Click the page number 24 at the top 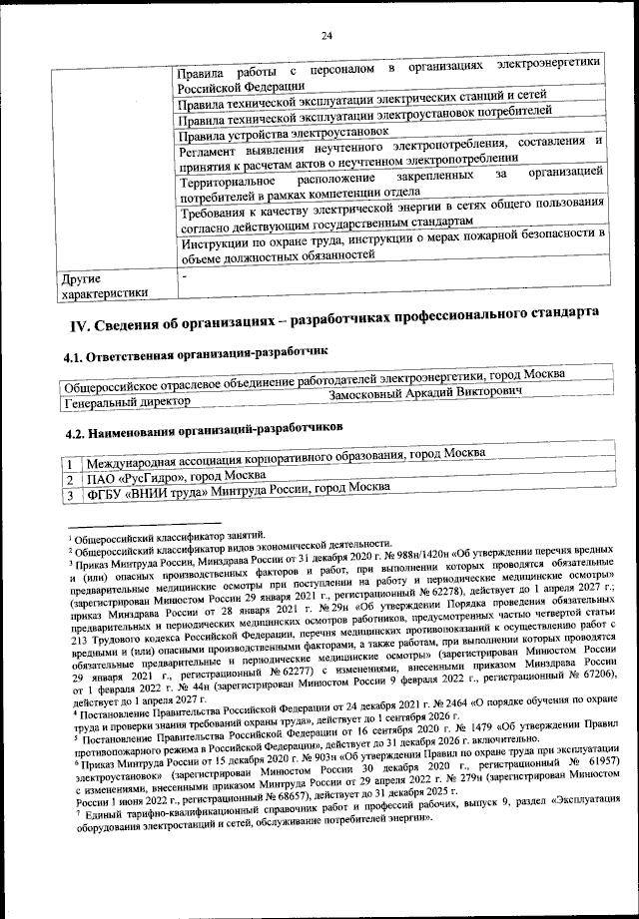325,37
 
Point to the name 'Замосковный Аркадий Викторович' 425,394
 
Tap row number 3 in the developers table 70,494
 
